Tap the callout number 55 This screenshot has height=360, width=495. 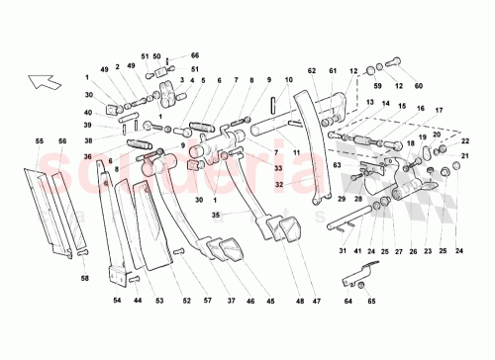41,142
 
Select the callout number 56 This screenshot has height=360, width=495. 62,142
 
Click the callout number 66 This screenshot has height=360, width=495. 195,56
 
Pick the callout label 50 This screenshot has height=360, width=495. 156,56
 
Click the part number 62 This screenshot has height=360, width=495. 310,71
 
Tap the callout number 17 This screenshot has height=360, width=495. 438,110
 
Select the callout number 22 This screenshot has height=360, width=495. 463,140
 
